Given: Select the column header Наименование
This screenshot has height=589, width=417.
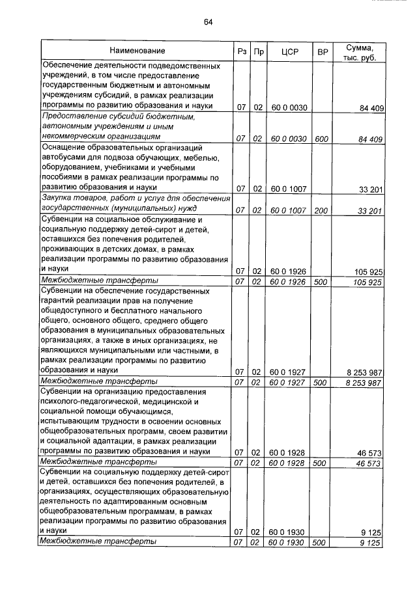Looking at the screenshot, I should pyautogui.click(x=137, y=51).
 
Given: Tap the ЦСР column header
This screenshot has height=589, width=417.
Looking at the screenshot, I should pyautogui.click(x=289, y=51).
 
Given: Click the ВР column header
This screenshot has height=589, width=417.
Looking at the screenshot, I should pyautogui.click(x=321, y=51).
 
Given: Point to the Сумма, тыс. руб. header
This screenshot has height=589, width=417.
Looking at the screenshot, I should pyautogui.click(x=359, y=51).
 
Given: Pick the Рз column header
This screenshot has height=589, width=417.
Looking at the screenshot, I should pyautogui.click(x=240, y=51).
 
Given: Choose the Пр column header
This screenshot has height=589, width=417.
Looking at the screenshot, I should pyautogui.click(x=258, y=51).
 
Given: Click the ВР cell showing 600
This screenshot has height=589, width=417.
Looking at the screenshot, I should pyautogui.click(x=321, y=138).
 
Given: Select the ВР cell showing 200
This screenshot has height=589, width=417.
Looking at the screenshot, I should pyautogui.click(x=321, y=210).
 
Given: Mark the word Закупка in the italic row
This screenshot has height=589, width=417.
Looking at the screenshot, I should pyautogui.click(x=57, y=198).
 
